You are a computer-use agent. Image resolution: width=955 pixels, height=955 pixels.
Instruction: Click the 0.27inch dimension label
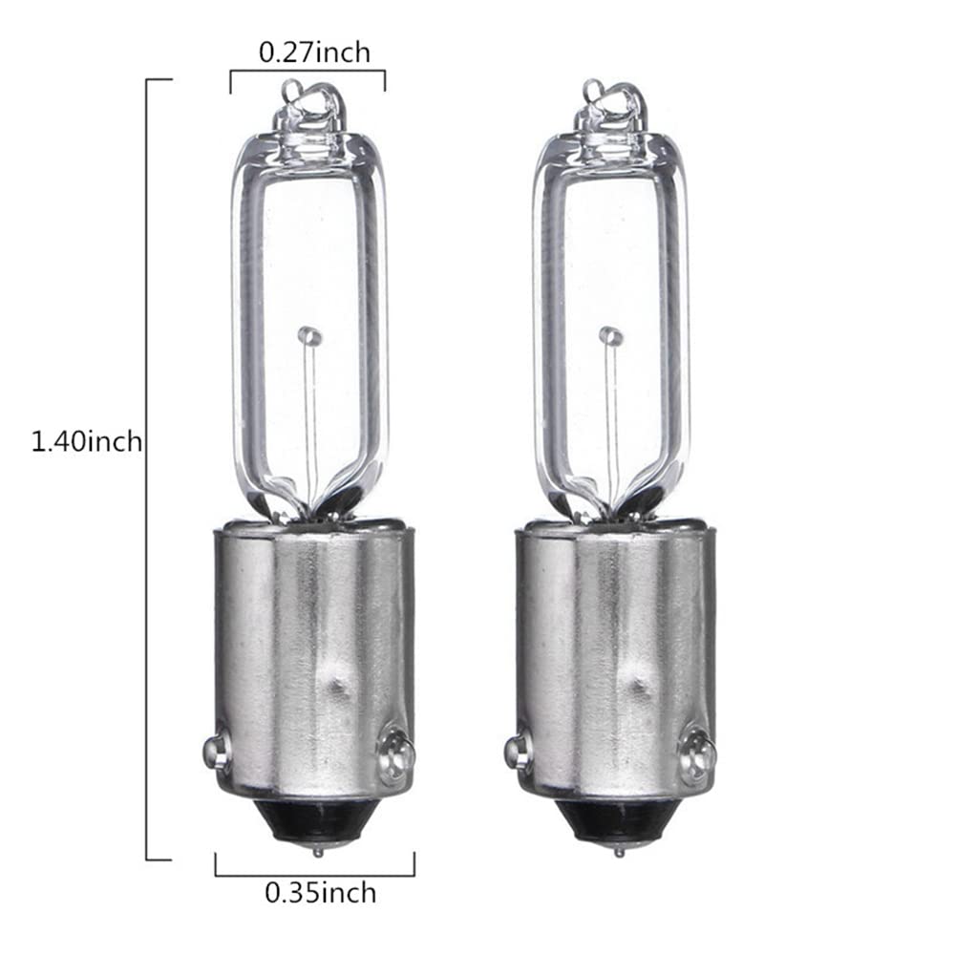tap(314, 52)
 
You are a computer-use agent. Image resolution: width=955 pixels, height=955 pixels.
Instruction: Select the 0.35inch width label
tap(320, 893)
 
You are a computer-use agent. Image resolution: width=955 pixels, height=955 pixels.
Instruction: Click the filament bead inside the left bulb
tap(307, 335)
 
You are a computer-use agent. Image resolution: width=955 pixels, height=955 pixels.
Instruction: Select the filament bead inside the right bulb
tap(610, 335)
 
